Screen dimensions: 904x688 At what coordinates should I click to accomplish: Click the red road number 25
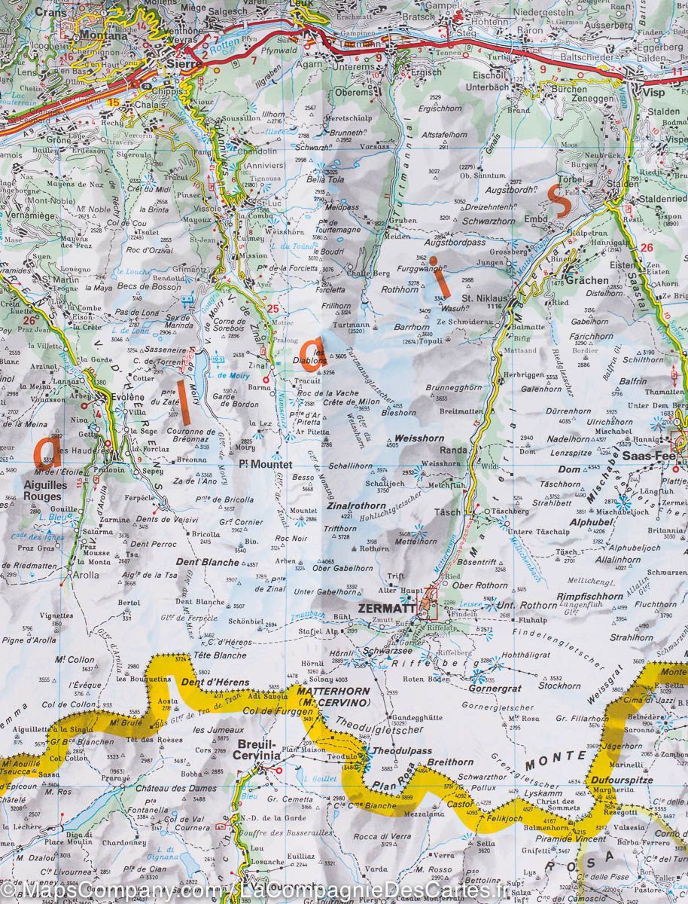(x=272, y=308)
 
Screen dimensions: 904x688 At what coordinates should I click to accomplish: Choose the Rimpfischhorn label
(x=589, y=596)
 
